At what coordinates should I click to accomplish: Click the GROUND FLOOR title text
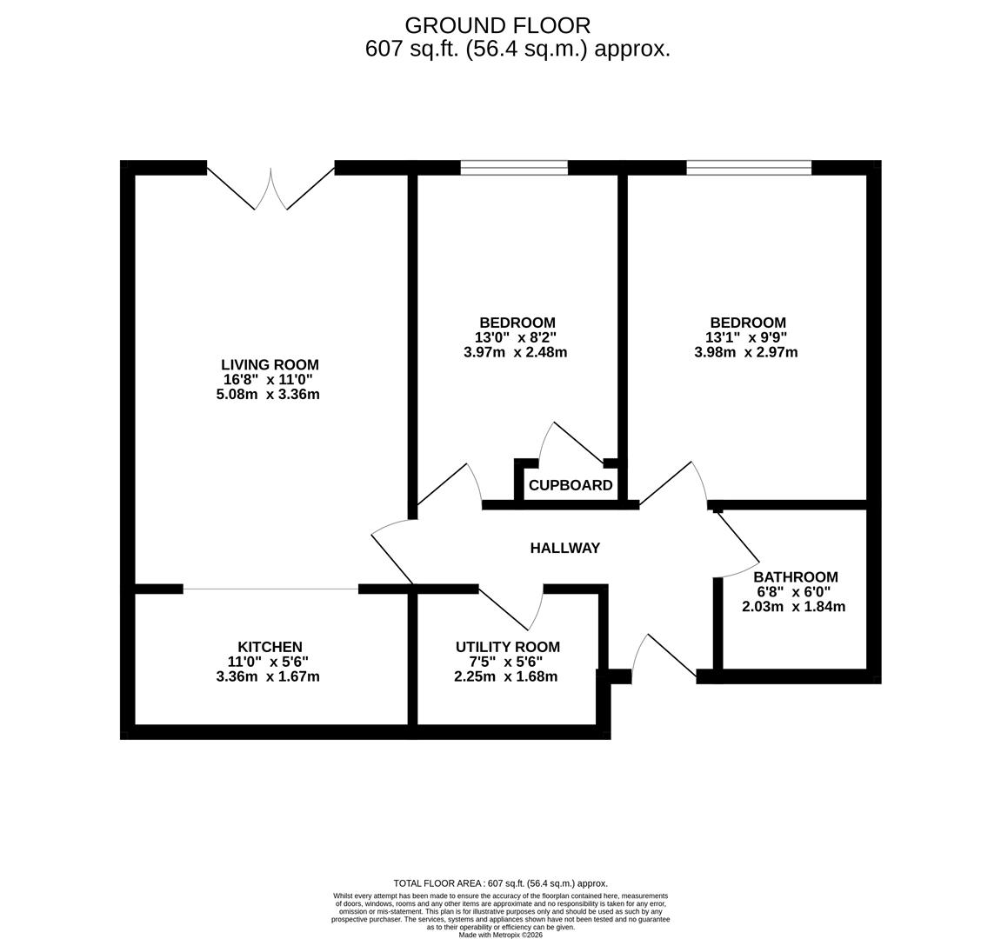[x=497, y=25]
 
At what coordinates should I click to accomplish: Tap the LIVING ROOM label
[x=270, y=365]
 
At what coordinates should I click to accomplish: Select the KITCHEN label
[x=270, y=647]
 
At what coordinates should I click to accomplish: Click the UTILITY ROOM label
[x=507, y=647]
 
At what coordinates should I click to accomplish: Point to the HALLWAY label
[x=565, y=548]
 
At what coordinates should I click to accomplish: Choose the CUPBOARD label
[x=571, y=485]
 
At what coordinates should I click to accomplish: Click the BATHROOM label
[x=795, y=576]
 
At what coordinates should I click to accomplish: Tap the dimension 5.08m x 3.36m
[x=268, y=395]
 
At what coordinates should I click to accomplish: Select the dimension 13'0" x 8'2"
[x=515, y=337]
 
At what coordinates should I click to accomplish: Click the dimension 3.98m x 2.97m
[x=745, y=352]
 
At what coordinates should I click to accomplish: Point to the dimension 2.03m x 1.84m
[x=793, y=607]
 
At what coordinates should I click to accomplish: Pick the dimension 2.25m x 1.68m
[x=505, y=676]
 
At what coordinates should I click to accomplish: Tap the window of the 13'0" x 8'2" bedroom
[x=514, y=168]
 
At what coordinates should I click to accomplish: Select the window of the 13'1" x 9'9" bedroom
[x=749, y=168]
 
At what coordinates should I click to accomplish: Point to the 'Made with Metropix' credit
[x=500, y=935]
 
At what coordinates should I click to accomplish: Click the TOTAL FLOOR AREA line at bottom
[x=500, y=883]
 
